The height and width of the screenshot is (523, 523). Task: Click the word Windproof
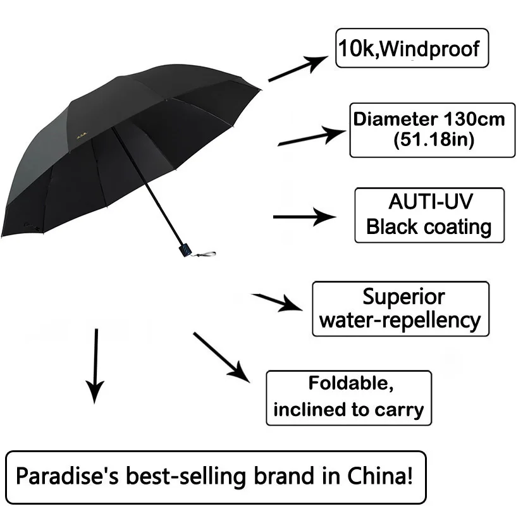pyautogui.click(x=433, y=48)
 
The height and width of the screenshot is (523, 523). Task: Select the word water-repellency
pyautogui.click(x=400, y=321)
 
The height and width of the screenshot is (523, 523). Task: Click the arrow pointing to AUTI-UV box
pyautogui.click(x=304, y=217)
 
